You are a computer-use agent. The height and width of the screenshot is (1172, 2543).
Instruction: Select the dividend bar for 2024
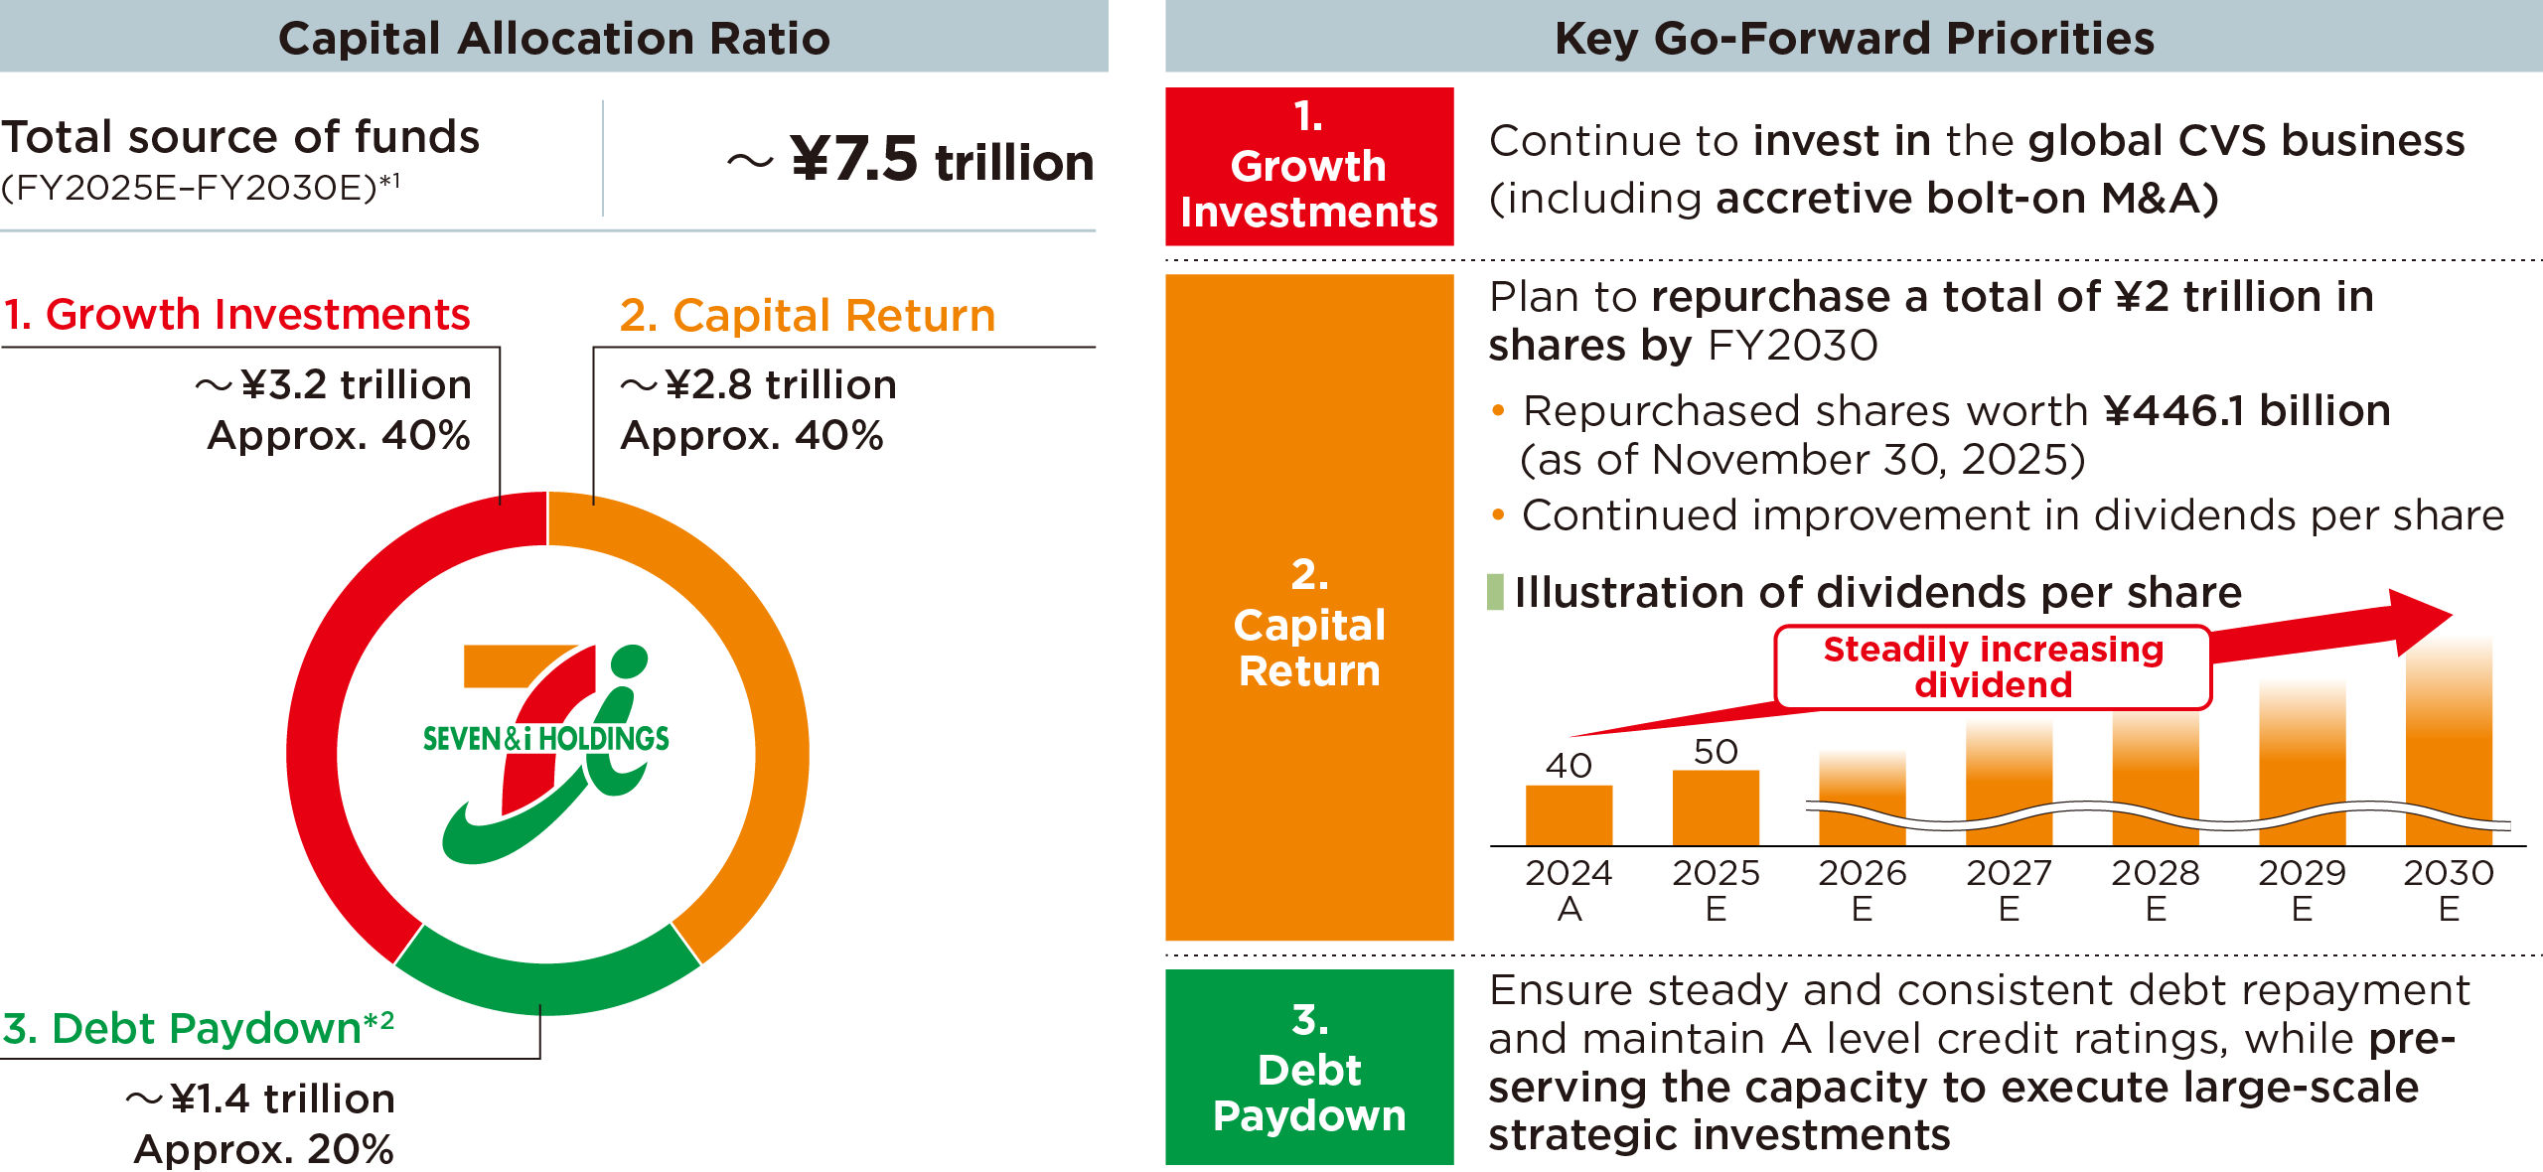coord(1569,814)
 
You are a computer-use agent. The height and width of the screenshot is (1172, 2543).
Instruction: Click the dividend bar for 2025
coord(1716,806)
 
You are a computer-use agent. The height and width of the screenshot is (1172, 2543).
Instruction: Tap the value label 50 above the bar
coord(1716,751)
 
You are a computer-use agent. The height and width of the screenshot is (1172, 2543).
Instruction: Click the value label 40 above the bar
coord(1569,765)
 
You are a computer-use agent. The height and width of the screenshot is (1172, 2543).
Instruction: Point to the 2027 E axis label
coord(2009,890)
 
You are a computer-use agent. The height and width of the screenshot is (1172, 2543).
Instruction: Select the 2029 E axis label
coord(2302,890)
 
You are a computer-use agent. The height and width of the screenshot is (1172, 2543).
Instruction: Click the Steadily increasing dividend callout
coord(1993,666)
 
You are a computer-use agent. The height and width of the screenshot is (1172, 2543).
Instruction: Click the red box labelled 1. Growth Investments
coord(1309,166)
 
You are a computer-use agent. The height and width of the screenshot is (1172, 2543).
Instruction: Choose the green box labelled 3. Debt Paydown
coord(1309,1067)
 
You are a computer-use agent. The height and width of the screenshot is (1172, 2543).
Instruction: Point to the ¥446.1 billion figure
coord(2247,410)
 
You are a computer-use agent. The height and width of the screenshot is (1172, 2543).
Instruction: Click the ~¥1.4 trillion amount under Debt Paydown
coord(261,1099)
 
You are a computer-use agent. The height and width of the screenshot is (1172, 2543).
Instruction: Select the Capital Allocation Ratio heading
coord(553,38)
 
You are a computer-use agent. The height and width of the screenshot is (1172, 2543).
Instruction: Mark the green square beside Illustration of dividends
coord(1495,592)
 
